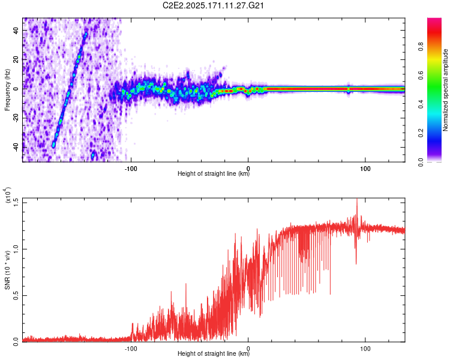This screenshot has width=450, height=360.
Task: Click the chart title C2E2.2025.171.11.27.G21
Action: pos(213,5)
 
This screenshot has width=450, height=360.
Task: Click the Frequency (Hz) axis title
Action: pos(7,90)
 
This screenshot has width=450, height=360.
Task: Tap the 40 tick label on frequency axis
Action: pos(16,30)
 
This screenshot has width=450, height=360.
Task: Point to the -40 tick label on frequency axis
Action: pos(16,147)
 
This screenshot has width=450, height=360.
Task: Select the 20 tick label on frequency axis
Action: pos(16,59)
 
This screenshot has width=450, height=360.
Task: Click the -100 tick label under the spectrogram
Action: pos(131,169)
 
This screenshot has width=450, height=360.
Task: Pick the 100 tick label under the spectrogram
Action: pos(365,169)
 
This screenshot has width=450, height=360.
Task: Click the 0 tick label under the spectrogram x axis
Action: pos(248,169)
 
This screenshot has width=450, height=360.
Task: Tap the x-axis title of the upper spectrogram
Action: pos(214,173)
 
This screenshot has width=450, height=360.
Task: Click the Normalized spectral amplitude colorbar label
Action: pos(445,90)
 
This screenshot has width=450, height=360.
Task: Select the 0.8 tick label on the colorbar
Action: pos(421,46)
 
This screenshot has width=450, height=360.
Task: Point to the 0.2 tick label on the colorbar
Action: pos(421,133)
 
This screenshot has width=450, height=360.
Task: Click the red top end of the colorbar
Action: pos(434,19)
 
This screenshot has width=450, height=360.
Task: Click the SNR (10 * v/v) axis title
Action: pos(7,270)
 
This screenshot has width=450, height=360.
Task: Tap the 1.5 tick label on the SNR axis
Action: pos(16,202)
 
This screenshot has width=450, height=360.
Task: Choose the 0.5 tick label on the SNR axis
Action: pos(16,295)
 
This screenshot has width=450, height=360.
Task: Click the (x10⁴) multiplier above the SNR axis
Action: pos(7,195)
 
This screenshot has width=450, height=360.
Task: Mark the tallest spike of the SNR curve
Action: pos(357,199)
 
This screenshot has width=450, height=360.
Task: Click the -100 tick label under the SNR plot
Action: pos(131,349)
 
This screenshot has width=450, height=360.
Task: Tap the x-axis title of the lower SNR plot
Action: pos(214,353)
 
